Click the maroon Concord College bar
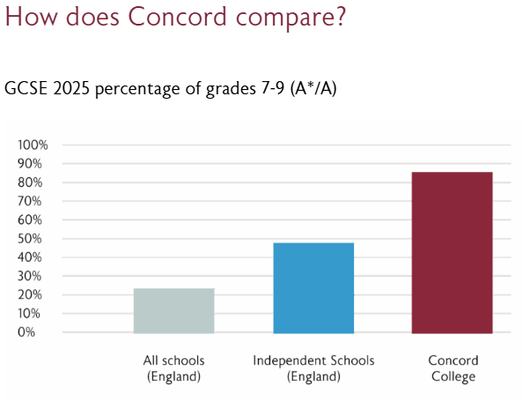coord(452,252)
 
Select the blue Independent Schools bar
coord(313,287)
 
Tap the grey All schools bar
coord(173,310)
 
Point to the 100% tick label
coord(34,145)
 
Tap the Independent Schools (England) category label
coord(313,368)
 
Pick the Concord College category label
coord(453,368)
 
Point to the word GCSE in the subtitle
coord(26,89)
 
